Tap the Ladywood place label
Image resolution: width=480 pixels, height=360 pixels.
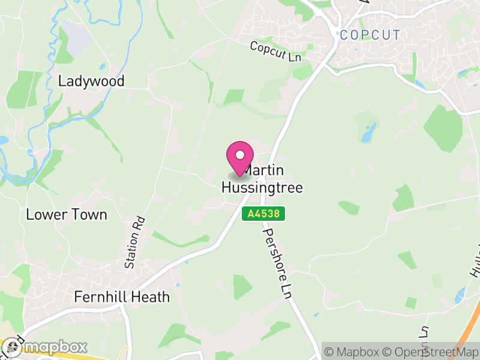[91, 81]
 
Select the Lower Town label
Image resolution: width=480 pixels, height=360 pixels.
[67, 214]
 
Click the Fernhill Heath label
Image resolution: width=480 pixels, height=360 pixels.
[122, 297]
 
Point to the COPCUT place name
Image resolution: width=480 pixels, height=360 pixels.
[370, 35]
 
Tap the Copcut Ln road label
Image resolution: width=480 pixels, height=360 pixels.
[275, 51]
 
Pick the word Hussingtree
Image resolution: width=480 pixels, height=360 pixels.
[262, 187]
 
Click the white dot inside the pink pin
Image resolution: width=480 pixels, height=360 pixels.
[240, 155]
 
